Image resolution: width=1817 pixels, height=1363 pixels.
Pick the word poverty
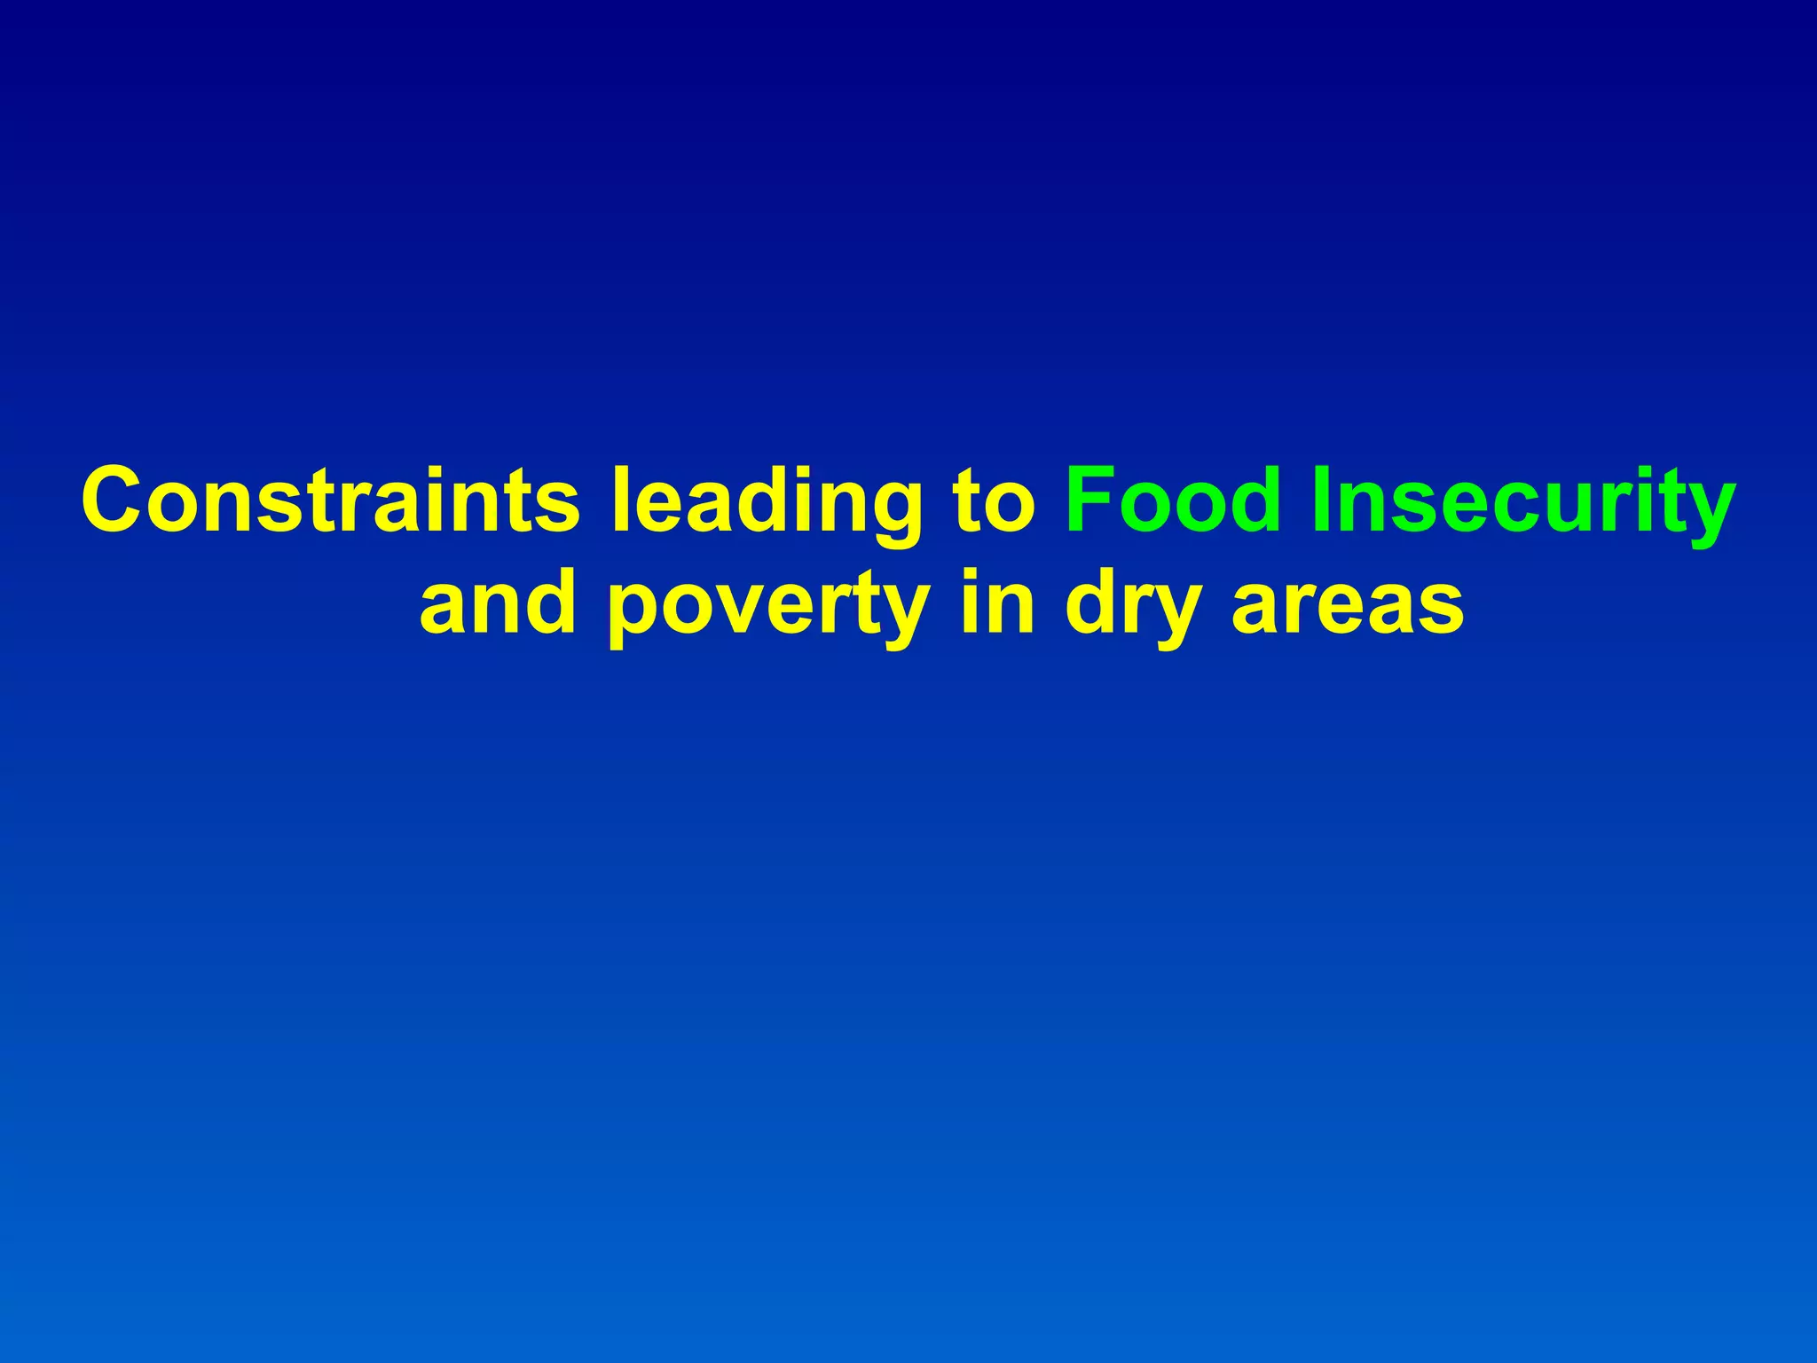768,609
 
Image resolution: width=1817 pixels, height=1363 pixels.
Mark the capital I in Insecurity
1320,500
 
